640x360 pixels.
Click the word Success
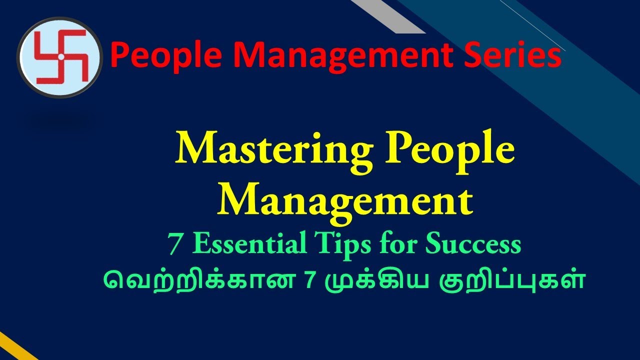coord(472,244)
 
